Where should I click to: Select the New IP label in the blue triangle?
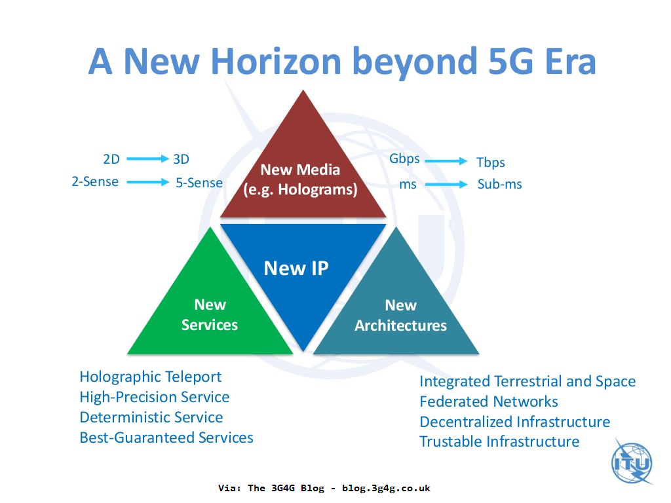point(296,268)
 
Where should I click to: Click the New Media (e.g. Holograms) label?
point(300,179)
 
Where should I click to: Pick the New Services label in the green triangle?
point(210,314)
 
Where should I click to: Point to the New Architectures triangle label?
point(400,315)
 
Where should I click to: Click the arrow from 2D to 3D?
point(147,158)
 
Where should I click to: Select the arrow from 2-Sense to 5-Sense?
point(147,182)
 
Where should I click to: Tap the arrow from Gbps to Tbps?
point(446,160)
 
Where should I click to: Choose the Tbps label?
point(490,162)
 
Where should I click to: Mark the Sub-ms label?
point(499,184)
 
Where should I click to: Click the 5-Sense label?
point(199,183)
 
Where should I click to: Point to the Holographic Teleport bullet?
point(151,377)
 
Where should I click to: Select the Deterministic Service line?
point(151,417)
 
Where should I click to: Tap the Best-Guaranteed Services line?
point(166,438)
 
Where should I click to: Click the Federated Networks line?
point(489,401)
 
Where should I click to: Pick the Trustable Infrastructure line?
point(499,441)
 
